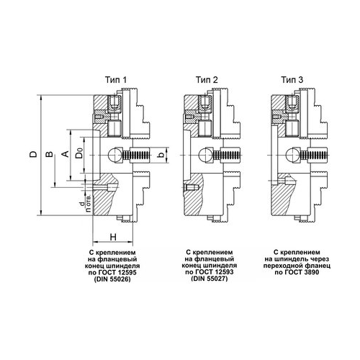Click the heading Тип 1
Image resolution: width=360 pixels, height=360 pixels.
coord(116,80)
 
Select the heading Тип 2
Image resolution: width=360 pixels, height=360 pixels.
coord(207,80)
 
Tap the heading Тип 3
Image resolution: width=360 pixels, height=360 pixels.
coord(292,80)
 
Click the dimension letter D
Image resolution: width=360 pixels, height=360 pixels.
coord(34,154)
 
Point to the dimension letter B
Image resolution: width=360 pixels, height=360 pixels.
coord(49,154)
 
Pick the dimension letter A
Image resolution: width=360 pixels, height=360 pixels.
coord(66,154)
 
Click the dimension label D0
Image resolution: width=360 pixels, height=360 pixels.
coord(79,153)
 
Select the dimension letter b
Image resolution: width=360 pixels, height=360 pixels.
coord(162,154)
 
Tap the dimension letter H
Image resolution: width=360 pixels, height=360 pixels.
coord(113,237)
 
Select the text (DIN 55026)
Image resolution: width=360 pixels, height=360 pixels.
coord(112,279)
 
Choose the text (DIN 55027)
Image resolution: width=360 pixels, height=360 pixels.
coord(210,279)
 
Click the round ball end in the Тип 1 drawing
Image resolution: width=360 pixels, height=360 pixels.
coord(114,155)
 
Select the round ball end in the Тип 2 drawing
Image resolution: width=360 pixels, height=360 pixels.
coord(205,155)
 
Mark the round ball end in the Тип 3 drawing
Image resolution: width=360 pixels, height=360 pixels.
coord(292,155)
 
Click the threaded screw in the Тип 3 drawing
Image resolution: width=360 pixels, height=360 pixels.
coord(315,155)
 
